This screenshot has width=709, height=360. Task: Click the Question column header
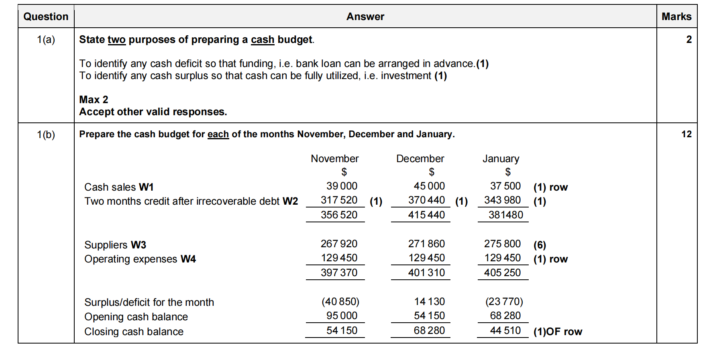(46, 16)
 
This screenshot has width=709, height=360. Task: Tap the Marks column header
(676, 16)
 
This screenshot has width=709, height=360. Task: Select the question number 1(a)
(46, 39)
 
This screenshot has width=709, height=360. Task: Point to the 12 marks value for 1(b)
(686, 134)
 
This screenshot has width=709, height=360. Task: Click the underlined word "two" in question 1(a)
(116, 39)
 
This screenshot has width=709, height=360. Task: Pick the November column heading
(334, 159)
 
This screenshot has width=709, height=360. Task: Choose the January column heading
(501, 159)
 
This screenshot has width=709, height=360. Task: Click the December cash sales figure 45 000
(429, 186)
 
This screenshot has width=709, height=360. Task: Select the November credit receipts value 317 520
(339, 200)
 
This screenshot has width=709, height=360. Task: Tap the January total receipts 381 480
(505, 215)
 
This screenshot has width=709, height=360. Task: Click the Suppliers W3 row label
(115, 245)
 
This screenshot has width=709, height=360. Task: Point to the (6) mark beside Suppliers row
(540, 245)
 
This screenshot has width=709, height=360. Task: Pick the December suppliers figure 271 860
(426, 244)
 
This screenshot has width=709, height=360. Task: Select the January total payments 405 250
(502, 273)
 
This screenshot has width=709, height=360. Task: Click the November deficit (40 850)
(340, 301)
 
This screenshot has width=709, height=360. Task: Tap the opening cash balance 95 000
(342, 315)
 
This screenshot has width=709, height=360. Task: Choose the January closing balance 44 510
(505, 330)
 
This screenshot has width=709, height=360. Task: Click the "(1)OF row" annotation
(558, 332)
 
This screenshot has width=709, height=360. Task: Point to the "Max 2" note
(94, 100)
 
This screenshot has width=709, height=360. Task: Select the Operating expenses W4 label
(140, 259)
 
